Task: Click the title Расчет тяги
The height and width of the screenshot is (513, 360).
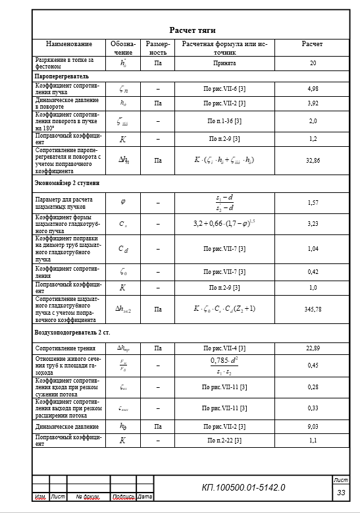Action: [x=193, y=30]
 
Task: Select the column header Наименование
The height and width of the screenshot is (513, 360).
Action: [x=69, y=44]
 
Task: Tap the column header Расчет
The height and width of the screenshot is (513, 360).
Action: [x=312, y=44]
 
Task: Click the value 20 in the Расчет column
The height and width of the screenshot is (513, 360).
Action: [x=313, y=63]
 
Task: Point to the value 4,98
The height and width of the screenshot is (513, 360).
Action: [x=313, y=88]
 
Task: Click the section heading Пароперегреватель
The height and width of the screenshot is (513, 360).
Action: [x=61, y=76]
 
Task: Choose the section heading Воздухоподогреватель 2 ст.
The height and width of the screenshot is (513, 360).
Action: [x=72, y=334]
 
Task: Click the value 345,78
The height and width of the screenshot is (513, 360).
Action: [x=313, y=308]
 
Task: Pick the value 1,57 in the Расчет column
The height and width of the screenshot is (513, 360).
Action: [x=313, y=203]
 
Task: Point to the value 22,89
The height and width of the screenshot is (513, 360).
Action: [x=313, y=348]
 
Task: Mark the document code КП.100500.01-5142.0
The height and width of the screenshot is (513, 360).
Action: [x=243, y=487]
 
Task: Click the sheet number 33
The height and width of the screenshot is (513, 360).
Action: [x=341, y=493]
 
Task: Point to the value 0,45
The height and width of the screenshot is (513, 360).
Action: [x=313, y=365]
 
